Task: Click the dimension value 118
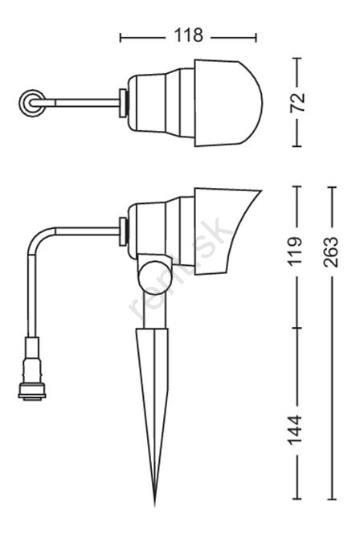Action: (188, 35)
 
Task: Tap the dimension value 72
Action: (297, 102)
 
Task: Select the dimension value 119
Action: (295, 251)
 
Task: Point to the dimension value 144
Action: (295, 430)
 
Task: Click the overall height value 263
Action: (331, 251)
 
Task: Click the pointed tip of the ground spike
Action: (155, 504)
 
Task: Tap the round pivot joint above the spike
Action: (153, 277)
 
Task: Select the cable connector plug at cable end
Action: (32, 369)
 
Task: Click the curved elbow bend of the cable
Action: (38, 237)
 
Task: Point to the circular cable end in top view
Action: (32, 103)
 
